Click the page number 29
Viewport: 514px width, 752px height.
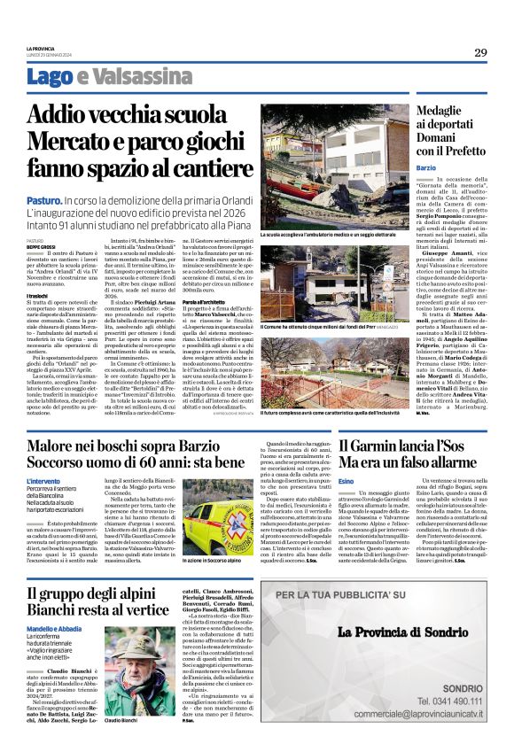480,52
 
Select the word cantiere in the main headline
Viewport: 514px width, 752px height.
199,169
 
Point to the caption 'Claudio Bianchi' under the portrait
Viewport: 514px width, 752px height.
125,721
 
